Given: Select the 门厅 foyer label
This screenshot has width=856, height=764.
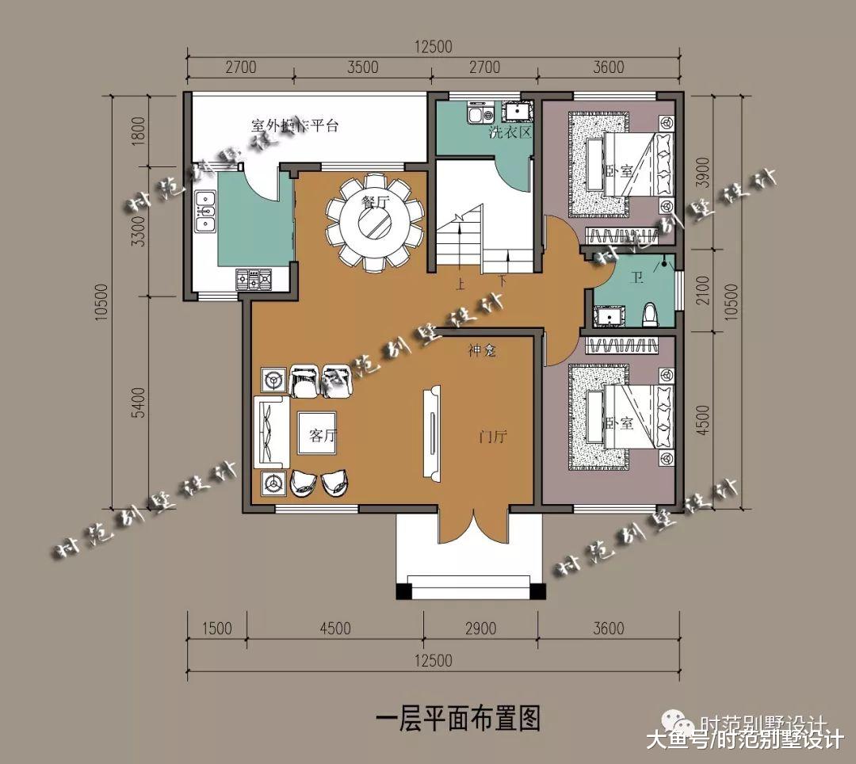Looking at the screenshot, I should tap(493, 437).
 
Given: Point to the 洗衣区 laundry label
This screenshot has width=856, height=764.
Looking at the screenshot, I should tap(510, 132).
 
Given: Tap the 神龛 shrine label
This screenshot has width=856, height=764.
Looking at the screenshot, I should tap(481, 350).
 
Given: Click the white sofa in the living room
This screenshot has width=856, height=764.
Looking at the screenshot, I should tap(269, 433).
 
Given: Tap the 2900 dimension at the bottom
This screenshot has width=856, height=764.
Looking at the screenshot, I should tap(480, 628).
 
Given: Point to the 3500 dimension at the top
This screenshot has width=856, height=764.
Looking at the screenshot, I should tap(362, 67).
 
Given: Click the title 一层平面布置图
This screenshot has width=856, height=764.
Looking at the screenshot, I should tap(458, 720).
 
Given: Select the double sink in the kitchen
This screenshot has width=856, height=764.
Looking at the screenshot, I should tap(206, 212).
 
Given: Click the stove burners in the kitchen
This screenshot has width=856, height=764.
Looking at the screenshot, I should tap(254, 279).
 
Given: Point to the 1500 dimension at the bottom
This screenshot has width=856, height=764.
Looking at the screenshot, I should tap(216, 628).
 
